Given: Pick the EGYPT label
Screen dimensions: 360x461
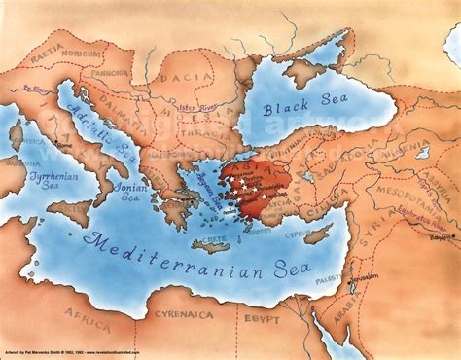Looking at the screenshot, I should pyautogui.click(x=262, y=318).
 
